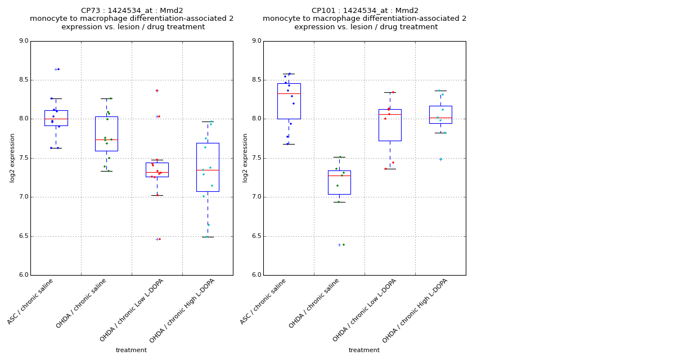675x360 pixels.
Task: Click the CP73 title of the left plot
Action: tap(132, 11)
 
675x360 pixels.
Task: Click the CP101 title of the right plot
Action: tap(364, 11)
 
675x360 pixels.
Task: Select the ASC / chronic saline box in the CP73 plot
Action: tap(56, 118)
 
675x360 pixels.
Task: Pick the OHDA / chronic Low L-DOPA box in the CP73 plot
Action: tap(157, 169)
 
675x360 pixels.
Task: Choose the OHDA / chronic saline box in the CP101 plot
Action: tap(339, 182)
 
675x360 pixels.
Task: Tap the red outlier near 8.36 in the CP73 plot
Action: tap(157, 91)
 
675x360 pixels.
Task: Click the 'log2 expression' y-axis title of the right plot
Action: tap(245, 157)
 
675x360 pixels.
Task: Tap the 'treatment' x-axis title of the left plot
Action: tap(131, 350)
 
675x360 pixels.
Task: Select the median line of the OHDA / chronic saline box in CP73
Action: tap(106, 139)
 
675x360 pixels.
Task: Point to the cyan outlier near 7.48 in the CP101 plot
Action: tap(440, 159)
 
